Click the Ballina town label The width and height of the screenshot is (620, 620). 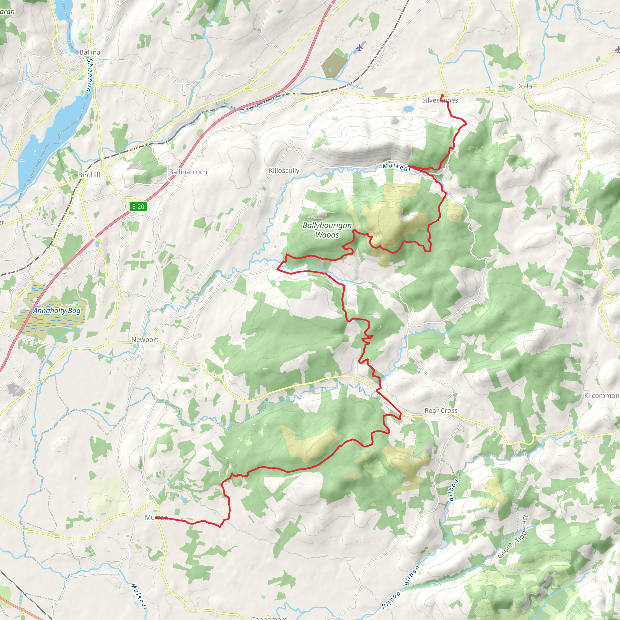coord(90,52)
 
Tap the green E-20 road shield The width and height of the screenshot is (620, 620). coord(138,207)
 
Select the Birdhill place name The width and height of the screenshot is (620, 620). coord(89,175)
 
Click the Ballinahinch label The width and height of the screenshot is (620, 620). coord(188,172)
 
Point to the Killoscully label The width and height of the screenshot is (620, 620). coord(284,171)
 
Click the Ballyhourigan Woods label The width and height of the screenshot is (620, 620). coord(327,230)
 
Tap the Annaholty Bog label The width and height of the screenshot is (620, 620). coord(57,311)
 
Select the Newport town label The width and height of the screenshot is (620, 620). coord(145,340)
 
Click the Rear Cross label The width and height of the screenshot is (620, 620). coord(441,411)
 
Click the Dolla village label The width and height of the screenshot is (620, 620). coord(524,86)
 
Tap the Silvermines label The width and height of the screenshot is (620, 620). coord(440,101)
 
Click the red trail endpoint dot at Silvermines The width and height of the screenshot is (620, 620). coord(442,96)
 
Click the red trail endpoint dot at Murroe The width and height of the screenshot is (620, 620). coord(156,518)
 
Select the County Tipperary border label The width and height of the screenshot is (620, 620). coord(513,536)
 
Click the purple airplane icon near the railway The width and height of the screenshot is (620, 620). coord(360,48)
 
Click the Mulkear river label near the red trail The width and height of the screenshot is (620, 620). coord(397,167)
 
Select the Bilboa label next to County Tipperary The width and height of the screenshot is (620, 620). coord(451,490)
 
